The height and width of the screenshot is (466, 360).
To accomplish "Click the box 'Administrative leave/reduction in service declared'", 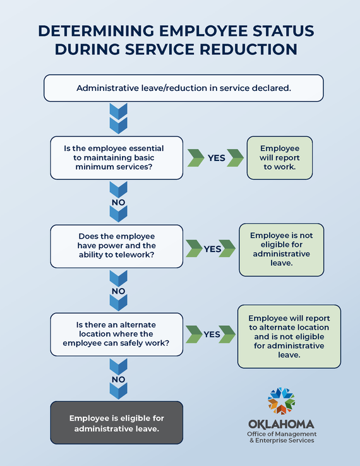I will (183, 88).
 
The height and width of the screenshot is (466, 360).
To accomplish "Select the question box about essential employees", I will (117, 157).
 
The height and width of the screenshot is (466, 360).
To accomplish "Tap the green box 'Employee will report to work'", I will (279, 157).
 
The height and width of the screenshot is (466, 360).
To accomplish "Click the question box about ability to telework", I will (117, 245).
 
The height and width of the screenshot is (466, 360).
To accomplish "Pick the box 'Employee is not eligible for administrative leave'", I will (281, 249).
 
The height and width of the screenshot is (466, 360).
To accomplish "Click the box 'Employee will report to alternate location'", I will (289, 337).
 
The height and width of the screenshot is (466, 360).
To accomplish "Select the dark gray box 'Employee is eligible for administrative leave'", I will (117, 423).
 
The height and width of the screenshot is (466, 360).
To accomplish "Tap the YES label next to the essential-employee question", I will (217, 158).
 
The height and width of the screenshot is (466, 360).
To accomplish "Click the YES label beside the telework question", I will (212, 249).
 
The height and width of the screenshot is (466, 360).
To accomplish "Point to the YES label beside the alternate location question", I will (212, 334).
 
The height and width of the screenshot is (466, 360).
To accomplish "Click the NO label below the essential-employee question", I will (118, 203).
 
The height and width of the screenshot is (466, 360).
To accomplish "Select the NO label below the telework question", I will (118, 291).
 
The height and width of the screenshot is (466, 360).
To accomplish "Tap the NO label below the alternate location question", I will (118, 379).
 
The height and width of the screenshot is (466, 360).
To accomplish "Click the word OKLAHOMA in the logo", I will (281, 424).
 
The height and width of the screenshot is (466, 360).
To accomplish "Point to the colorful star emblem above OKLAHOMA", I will (281, 400).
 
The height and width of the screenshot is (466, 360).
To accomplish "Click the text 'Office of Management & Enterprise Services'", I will (282, 437).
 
